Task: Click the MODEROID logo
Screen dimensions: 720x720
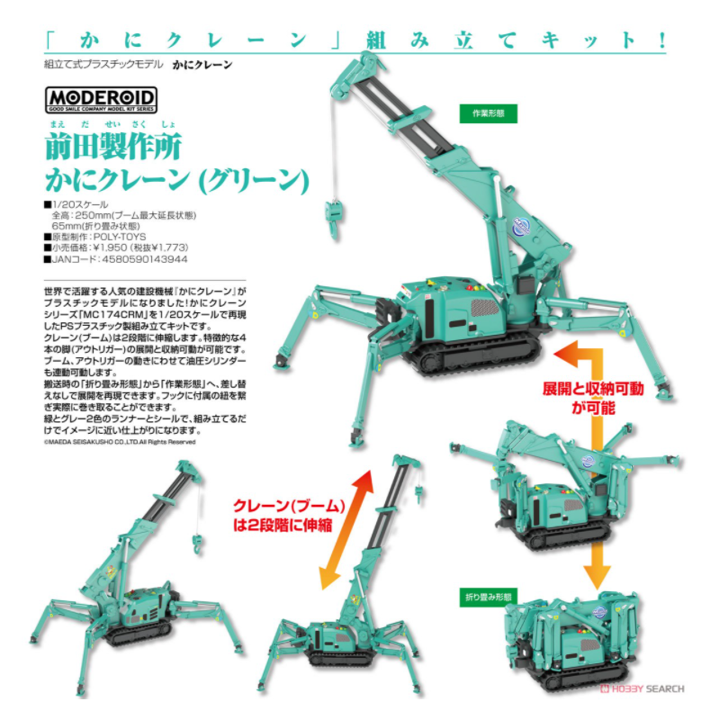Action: click(101, 100)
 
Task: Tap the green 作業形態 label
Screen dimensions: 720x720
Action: click(488, 113)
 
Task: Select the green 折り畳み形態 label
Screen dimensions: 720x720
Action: click(488, 597)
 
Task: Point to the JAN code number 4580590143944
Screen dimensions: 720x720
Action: click(145, 259)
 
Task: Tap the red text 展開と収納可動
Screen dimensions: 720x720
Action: click(593, 389)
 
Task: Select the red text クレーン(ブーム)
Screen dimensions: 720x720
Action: click(289, 506)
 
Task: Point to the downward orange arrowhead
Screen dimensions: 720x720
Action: click(597, 576)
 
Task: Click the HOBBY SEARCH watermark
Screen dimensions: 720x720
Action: click(643, 688)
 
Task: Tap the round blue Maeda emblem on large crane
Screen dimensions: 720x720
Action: click(522, 226)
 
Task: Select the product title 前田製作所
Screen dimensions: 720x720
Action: click(113, 147)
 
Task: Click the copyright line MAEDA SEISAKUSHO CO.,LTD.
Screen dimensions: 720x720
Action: click(120, 442)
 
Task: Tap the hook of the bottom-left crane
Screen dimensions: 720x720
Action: click(197, 544)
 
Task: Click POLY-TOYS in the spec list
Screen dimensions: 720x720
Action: click(120, 237)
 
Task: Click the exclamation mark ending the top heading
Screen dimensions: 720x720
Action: click(661, 40)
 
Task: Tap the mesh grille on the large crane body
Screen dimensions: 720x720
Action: click(485, 307)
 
